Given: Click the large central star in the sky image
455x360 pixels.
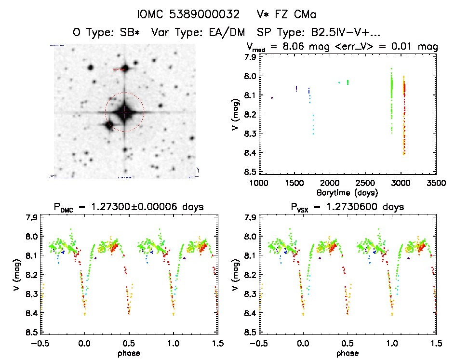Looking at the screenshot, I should click(124, 112).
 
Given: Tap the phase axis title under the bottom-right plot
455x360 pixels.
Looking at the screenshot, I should click(347, 352).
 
